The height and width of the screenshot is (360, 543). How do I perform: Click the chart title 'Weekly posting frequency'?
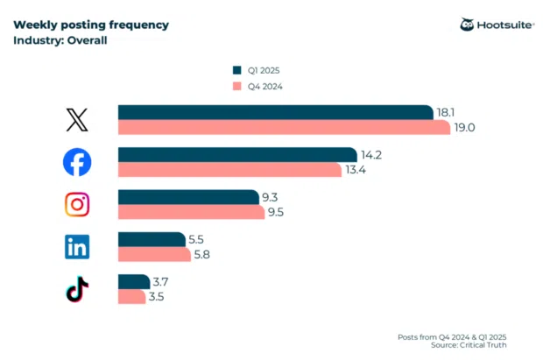click(x=91, y=24)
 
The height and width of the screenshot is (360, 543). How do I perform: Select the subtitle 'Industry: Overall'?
click(x=60, y=40)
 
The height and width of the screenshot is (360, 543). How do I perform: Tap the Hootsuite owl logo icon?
click(x=468, y=25)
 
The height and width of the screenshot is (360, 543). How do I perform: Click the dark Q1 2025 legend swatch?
click(x=236, y=70)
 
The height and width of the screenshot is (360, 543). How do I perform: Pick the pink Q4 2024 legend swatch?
click(x=236, y=86)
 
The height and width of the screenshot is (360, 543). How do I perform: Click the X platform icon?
click(x=77, y=120)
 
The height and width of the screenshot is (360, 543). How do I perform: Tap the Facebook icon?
click(x=77, y=162)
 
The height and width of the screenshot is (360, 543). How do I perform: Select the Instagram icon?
click(x=77, y=204)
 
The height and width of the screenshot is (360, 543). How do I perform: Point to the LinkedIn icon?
click(x=77, y=247)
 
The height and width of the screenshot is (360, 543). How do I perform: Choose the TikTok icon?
click(x=77, y=289)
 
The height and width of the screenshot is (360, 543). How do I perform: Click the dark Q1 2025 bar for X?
click(x=276, y=112)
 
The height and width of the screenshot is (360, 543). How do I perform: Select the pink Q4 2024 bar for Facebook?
click(x=229, y=170)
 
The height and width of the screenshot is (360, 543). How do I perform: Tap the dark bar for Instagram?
click(x=189, y=197)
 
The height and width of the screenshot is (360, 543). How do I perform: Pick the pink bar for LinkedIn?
click(x=154, y=255)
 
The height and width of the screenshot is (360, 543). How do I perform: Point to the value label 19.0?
click(x=464, y=128)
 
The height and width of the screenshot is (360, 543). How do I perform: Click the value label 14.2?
click(x=372, y=154)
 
